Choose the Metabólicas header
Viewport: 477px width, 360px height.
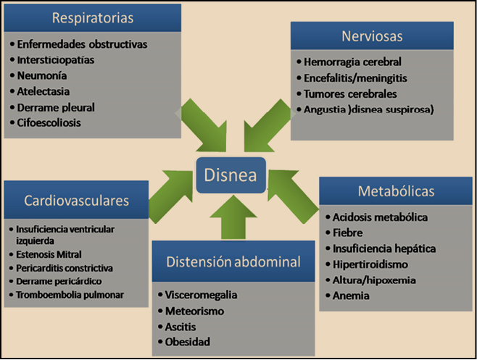pyautogui.click(x=396, y=192)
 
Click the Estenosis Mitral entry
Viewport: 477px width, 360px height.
pyautogui.click(x=48, y=254)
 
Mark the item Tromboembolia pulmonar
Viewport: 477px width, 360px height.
pyautogui.click(x=70, y=294)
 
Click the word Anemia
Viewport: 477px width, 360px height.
pyautogui.click(x=350, y=296)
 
